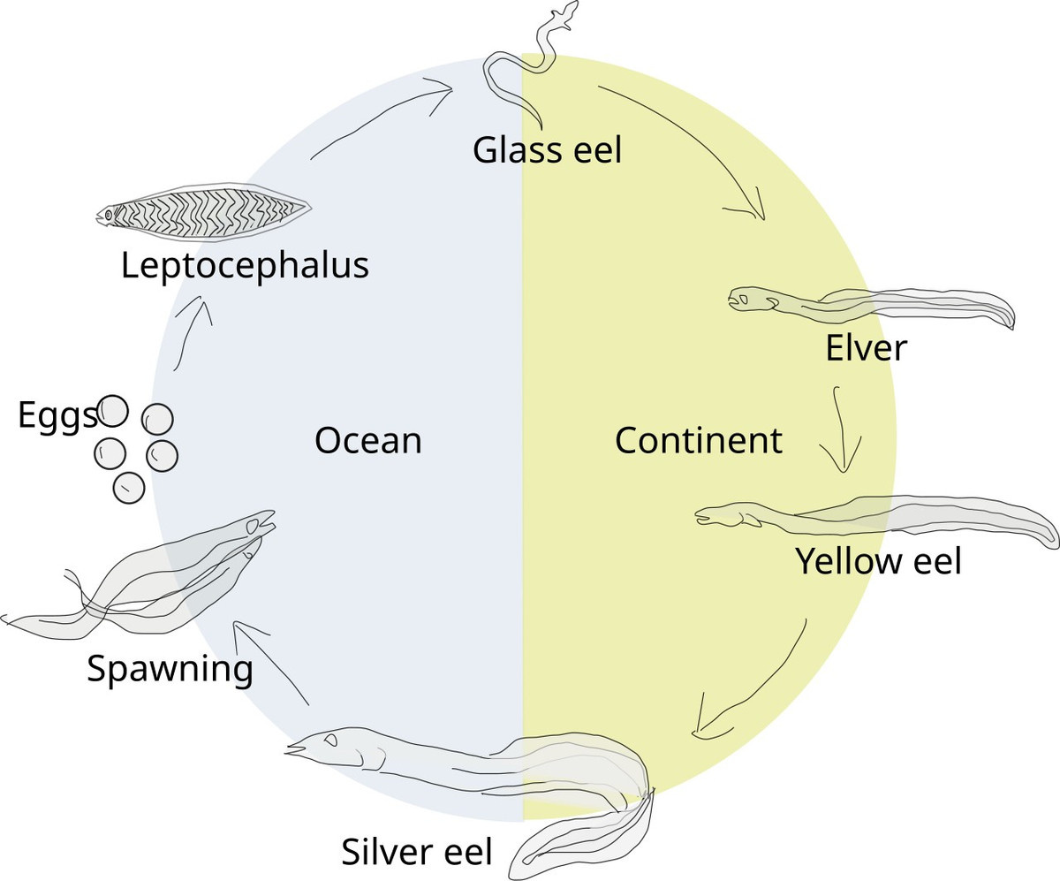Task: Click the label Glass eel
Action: pos(547,150)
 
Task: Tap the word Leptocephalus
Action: pos(245,267)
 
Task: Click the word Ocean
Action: pos(368,441)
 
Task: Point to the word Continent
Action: pos(698,440)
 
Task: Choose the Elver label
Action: pos(866,348)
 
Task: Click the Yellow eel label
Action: pos(878,562)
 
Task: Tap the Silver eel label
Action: pos(416,852)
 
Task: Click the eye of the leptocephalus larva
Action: pos(108,216)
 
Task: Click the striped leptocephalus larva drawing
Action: pos(203,211)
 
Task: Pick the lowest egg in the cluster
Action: pos(129,488)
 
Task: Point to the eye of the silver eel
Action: pos(330,740)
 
